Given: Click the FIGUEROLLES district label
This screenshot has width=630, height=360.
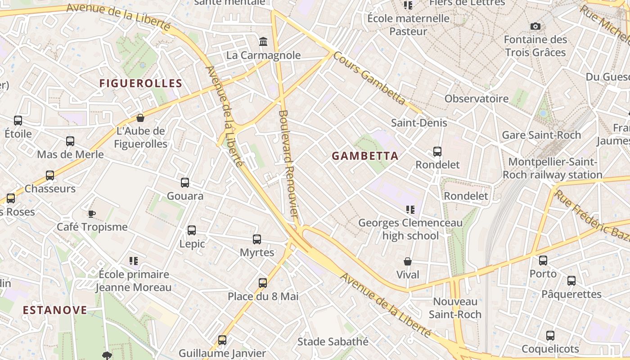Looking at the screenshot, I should click(140, 83).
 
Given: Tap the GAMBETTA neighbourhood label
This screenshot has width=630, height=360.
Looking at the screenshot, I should click(365, 156).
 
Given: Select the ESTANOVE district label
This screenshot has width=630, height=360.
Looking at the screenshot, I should click(55, 310).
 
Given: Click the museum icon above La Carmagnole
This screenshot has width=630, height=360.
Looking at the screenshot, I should click(263, 42).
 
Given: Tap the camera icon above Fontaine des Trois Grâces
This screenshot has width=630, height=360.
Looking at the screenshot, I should click(535, 26).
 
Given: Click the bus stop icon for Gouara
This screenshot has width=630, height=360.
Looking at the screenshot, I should click(185, 183).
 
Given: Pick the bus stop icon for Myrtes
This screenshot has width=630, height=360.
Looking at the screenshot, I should click(257, 239).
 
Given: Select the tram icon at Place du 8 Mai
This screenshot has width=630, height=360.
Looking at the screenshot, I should click(263, 283).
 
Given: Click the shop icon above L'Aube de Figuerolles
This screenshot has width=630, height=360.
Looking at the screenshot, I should click(140, 118).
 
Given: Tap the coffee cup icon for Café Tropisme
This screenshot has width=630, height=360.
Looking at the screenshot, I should click(92, 214).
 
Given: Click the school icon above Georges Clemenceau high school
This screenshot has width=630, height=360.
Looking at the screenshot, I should click(410, 210).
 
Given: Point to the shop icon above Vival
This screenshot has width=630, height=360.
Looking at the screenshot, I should click(408, 261).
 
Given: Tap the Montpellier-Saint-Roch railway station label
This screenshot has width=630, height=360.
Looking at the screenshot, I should click(552, 168).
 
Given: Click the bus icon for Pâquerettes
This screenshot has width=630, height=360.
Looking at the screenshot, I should click(571, 281).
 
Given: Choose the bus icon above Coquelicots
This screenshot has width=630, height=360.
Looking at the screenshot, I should click(550, 336).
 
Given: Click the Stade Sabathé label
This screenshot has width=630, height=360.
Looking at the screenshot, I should click(333, 342).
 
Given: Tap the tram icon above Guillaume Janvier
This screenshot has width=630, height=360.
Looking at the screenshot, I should click(222, 340).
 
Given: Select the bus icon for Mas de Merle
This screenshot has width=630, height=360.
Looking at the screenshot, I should click(70, 141).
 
